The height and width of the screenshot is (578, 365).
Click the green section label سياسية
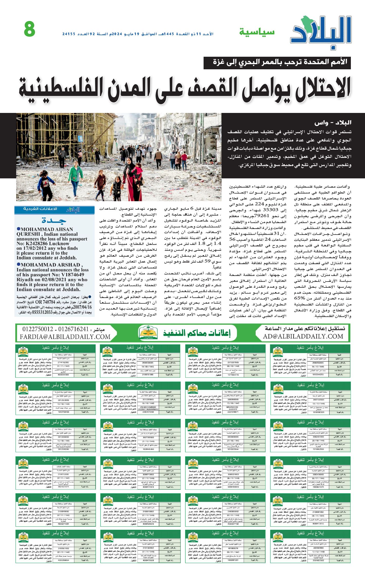[x=257, y=32]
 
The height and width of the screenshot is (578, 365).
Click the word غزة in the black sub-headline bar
[x=220, y=62]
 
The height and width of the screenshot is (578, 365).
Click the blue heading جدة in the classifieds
[x=54, y=220]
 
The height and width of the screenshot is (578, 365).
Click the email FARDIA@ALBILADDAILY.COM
[x=65, y=336]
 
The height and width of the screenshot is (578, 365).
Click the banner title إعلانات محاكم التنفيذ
[x=197, y=333]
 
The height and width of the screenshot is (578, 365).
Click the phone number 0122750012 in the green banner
[x=38, y=329]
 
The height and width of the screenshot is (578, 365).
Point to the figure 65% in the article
[x=299, y=298]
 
